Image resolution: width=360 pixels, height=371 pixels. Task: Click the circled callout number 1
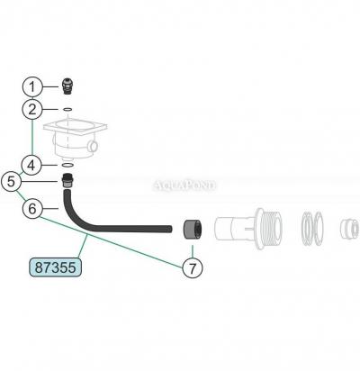point(32,87)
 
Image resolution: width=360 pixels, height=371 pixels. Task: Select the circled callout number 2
point(32,109)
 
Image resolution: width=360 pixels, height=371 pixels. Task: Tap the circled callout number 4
point(31,166)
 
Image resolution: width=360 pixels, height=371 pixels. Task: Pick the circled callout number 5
point(11,182)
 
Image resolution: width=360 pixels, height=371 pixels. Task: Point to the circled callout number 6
point(32,208)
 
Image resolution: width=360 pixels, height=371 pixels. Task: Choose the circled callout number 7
point(193,267)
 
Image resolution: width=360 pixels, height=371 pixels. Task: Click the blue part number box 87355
point(56,267)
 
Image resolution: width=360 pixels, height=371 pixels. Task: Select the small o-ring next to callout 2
point(67,110)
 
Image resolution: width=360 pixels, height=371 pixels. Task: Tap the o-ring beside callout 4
point(67,165)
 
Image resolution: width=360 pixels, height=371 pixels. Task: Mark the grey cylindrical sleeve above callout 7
point(193,230)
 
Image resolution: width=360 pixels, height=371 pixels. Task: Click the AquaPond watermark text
point(184,185)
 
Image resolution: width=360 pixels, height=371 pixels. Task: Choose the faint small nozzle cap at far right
point(349,229)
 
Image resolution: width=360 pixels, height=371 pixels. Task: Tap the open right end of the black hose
point(171,229)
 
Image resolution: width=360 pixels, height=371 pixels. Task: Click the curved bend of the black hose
point(74,218)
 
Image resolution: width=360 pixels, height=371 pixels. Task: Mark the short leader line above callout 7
point(193,251)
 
